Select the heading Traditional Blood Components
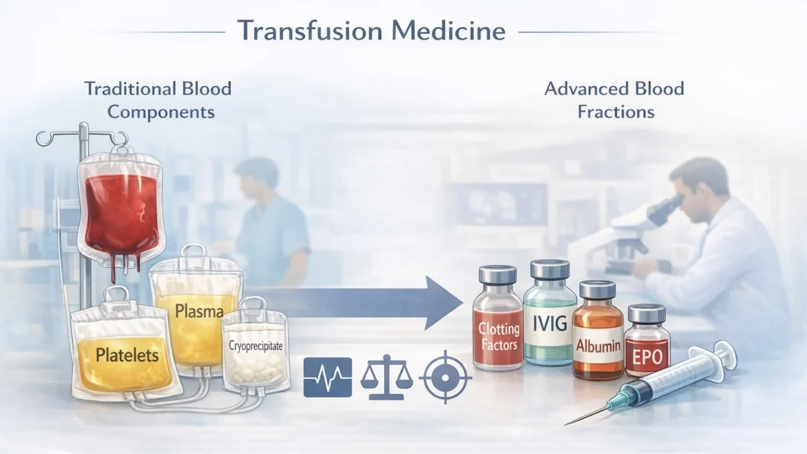[158, 100]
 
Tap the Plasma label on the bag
[199, 311]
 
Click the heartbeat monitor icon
[327, 377]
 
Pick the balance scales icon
[386, 378]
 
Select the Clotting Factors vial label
[498, 336]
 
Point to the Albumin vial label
[598, 346]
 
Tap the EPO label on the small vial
[647, 356]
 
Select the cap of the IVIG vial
[549, 270]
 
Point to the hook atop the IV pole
[47, 137]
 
